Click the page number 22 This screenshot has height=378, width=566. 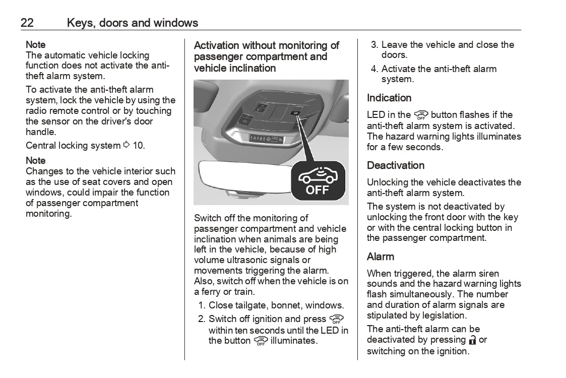click(x=27, y=23)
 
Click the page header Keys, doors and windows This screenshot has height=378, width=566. click(x=133, y=23)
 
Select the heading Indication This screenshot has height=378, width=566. click(x=389, y=98)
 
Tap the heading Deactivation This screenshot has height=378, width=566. click(x=396, y=165)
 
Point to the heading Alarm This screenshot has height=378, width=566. click(x=381, y=257)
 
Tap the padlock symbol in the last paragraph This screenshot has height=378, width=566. click(x=472, y=340)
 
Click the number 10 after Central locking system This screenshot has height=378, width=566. click(x=139, y=146)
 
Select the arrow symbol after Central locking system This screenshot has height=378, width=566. click(x=126, y=146)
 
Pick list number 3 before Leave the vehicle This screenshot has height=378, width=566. click(x=374, y=45)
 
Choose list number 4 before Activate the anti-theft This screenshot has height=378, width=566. click(x=374, y=69)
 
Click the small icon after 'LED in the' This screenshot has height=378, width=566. click(x=421, y=115)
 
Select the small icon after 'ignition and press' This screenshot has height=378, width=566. click(x=336, y=320)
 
